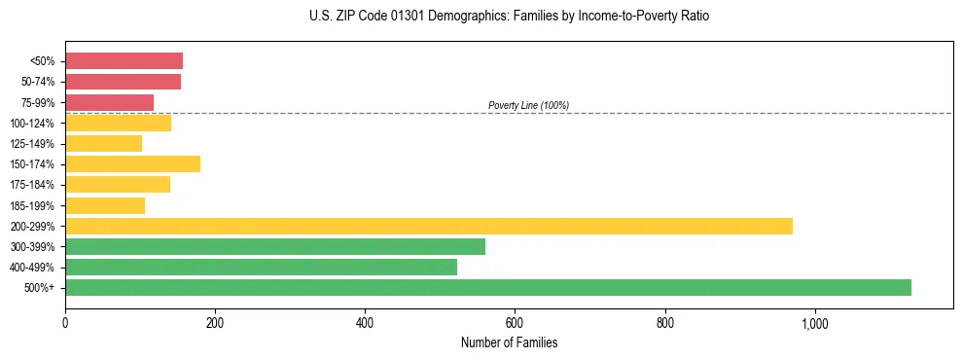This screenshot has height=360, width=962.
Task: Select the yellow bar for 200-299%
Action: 429,226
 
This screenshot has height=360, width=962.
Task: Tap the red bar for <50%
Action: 124,61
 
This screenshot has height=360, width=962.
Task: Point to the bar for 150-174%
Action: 132,163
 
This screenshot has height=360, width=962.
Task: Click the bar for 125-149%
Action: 103,143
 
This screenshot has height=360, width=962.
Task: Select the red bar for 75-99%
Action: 109,102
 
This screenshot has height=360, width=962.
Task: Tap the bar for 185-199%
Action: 105,205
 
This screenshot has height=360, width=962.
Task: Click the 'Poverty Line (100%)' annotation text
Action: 528,105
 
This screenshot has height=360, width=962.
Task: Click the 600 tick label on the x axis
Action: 515,323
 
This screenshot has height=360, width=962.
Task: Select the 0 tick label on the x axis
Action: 65,323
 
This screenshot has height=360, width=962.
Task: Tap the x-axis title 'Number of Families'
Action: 509,342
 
